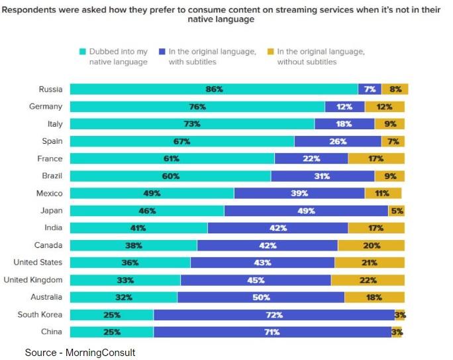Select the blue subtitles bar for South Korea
274,314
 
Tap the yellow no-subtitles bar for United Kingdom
368,280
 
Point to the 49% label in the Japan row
306,210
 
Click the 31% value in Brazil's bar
323,176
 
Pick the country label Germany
46,106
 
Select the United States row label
38,263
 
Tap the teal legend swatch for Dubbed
82,52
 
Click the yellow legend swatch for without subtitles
270,52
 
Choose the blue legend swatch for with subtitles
162,52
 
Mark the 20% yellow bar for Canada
372,245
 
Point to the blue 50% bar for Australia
261,297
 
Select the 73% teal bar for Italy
192,123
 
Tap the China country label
51,331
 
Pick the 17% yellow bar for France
376,158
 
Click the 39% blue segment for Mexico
299,193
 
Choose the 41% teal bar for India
139,227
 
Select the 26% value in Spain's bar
338,141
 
